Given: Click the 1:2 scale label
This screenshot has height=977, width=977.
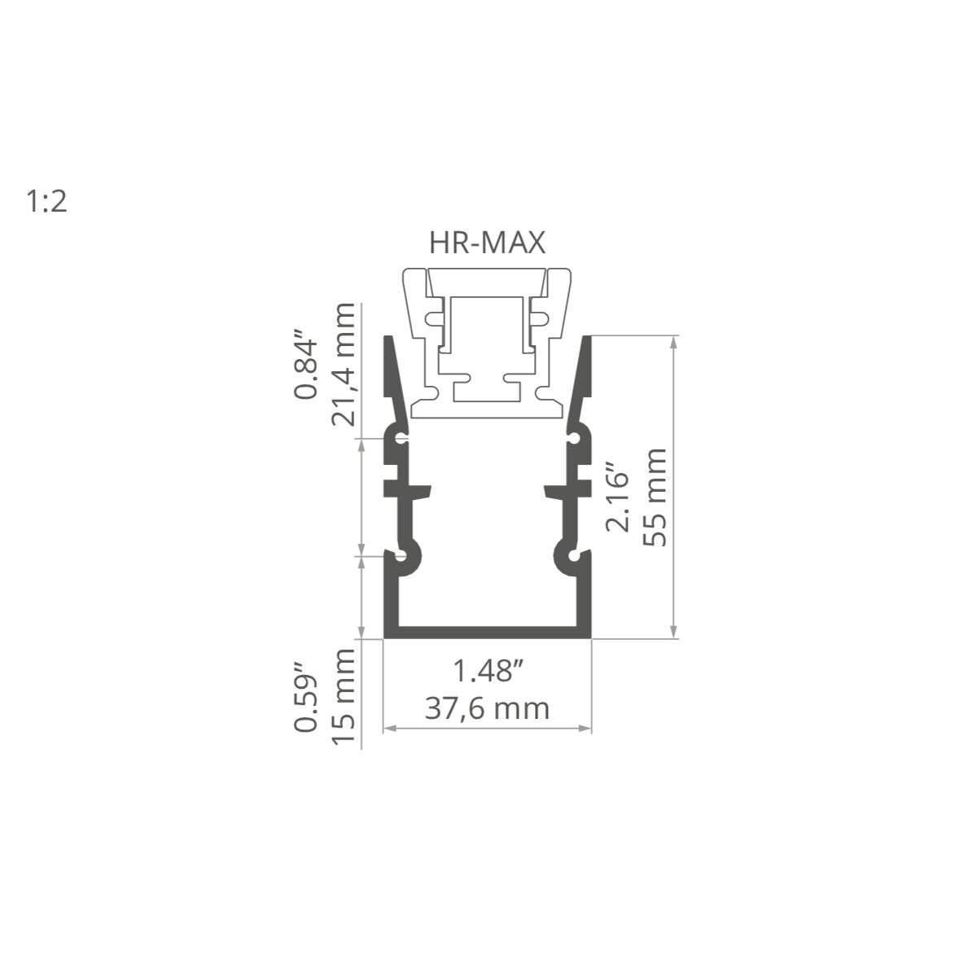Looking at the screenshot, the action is click(x=46, y=201).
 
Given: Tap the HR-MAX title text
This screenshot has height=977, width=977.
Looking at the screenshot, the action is click(x=487, y=243).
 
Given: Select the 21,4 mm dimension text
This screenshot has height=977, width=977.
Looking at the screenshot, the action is click(x=343, y=365).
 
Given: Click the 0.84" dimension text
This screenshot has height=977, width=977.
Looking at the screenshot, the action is click(x=305, y=364).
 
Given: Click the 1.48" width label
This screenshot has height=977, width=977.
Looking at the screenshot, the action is click(x=488, y=672).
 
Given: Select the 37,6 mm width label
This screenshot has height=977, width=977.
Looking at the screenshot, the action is click(x=487, y=709).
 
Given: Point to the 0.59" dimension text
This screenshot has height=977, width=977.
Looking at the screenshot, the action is click(x=306, y=697).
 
